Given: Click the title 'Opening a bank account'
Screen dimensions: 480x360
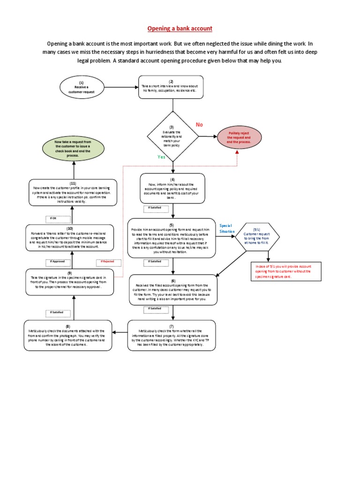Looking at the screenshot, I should (x=180, y=29).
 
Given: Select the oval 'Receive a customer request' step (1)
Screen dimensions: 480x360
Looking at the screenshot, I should (x=81, y=87).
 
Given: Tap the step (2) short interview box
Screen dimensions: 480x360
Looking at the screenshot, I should (x=171, y=87).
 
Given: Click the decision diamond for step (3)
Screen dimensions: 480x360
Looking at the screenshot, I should (x=172, y=136).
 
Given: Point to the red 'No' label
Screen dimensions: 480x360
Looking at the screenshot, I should (x=199, y=125).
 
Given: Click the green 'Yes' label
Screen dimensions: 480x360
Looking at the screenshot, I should (x=161, y=157).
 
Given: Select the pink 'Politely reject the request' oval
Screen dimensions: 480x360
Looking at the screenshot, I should (x=239, y=137).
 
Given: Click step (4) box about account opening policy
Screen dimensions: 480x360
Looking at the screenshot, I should (x=172, y=188).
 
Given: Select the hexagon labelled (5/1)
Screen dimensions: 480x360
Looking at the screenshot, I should (x=257, y=236).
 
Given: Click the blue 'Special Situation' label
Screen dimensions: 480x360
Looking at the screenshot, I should (x=226, y=229).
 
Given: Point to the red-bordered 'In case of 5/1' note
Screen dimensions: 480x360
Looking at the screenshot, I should (x=283, y=271).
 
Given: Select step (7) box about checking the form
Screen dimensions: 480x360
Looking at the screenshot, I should (x=172, y=336).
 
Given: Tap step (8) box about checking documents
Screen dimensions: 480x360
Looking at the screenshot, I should (x=68, y=336).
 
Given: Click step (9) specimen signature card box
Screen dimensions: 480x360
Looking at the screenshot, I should (x=69, y=282).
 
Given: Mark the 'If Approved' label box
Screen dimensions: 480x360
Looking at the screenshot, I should (x=57, y=262).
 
